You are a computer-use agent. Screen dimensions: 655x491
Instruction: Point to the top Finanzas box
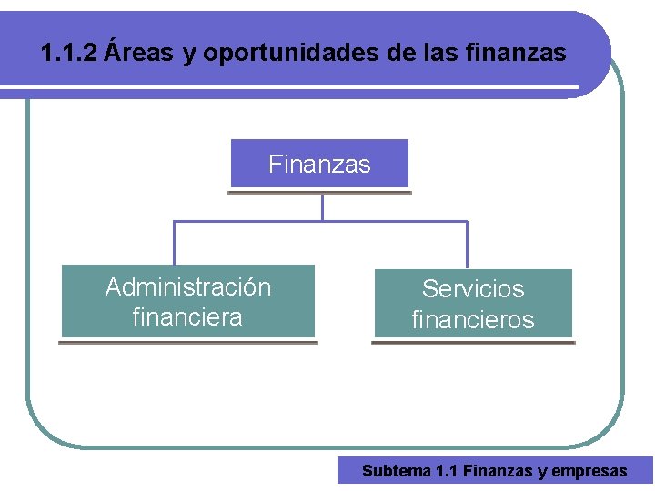click(319, 165)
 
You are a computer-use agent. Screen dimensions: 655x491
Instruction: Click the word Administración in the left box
click(188, 287)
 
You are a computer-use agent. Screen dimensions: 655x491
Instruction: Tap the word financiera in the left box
click(187, 317)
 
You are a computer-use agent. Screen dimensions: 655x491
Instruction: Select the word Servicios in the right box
click(473, 289)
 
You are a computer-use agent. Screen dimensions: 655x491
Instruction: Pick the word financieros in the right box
click(473, 320)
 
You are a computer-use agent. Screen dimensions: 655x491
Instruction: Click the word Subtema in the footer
click(397, 471)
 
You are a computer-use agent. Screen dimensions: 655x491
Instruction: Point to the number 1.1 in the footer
click(447, 471)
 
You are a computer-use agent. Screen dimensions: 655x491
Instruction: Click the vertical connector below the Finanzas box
click(322, 208)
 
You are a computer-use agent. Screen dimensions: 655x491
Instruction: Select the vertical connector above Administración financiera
click(174, 243)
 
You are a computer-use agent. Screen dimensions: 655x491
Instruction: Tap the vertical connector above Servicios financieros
click(467, 245)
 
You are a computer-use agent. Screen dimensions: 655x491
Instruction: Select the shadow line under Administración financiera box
click(188, 342)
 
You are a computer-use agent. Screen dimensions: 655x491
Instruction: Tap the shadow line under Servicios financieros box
click(473, 343)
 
